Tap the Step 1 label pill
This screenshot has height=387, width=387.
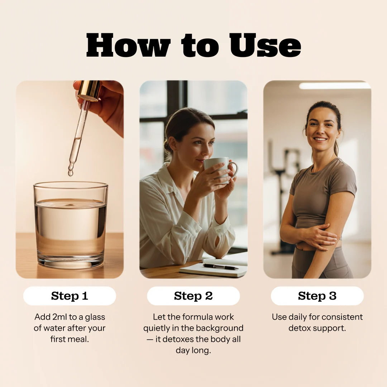(70, 296)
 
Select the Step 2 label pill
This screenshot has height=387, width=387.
(193, 296)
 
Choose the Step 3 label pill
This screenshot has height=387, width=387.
(317, 296)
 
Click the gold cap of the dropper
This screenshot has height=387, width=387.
(89, 90)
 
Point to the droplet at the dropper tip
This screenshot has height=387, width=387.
(71, 173)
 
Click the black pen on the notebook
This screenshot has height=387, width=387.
(220, 267)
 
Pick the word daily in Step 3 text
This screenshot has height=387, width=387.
(296, 317)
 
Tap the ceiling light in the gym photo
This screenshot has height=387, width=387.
(334, 86)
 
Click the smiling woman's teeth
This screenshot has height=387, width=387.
(320, 139)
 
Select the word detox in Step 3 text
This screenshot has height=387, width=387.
(300, 328)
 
